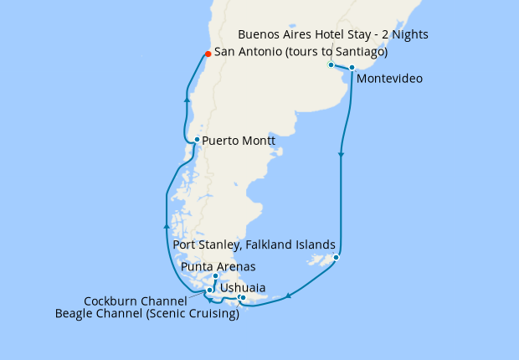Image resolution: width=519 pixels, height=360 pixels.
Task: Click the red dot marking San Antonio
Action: coord(208,55)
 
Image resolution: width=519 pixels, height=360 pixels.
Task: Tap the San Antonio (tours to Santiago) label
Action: coord(301,52)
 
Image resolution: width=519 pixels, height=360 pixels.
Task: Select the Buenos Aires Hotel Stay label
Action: coord(333,35)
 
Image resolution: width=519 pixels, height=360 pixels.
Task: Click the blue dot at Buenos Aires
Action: coord(331,64)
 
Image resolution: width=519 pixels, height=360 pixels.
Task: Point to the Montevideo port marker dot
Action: coord(352,67)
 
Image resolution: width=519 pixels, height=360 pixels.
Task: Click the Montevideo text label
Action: coord(389,80)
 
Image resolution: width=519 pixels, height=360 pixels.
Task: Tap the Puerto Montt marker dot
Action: coord(196,140)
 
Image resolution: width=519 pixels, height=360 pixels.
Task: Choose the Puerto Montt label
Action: coord(239,141)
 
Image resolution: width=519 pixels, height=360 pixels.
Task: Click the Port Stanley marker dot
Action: coord(336,257)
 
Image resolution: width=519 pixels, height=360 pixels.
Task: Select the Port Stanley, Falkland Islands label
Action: coord(254,244)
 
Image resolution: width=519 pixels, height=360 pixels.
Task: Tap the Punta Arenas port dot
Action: coord(215,276)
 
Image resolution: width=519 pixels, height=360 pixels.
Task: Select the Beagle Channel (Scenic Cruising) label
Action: coord(147,314)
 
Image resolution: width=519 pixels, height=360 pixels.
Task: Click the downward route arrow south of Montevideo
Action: coord(341,155)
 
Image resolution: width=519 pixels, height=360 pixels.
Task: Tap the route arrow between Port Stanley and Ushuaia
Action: coord(289,295)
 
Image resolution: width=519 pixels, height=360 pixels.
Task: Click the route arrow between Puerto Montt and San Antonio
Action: coord(188,100)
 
